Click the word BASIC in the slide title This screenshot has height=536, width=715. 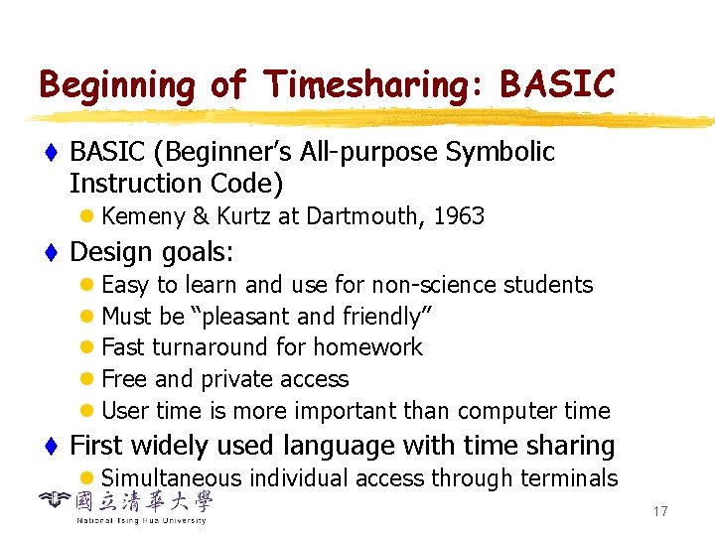coord(558,85)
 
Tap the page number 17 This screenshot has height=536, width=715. coord(660,511)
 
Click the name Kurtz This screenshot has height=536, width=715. coord(236,216)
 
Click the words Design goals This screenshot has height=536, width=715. coord(152,252)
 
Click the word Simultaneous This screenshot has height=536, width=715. coord(172,477)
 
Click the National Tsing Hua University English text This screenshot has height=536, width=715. coord(141,520)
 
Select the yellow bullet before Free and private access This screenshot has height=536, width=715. coord(88,380)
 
